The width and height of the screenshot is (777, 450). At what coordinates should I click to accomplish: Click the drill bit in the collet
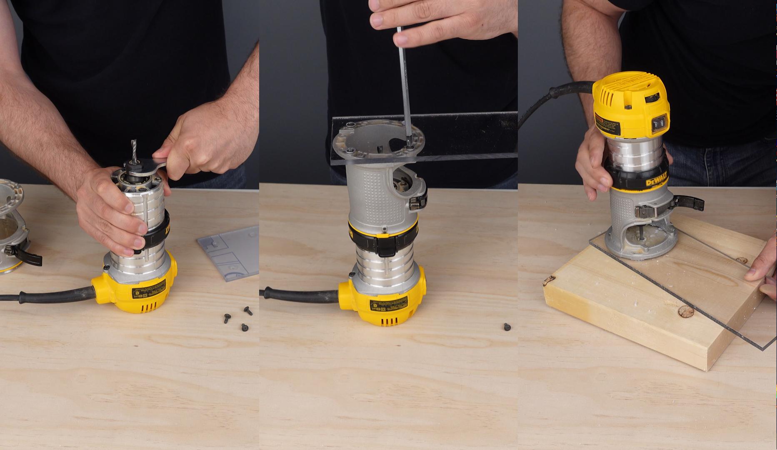point(133,150)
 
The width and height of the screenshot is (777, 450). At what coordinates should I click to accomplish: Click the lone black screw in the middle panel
point(507,326)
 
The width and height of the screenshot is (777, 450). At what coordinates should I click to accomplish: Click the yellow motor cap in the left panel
point(133,292)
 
